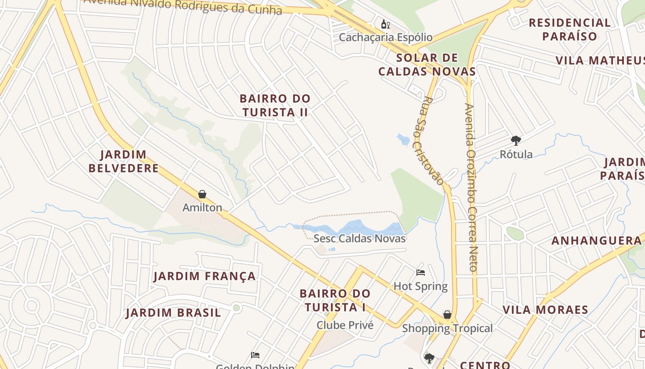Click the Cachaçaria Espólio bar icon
tap(385, 24)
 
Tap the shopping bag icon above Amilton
tap(202, 194)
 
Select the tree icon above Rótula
tap(516, 140)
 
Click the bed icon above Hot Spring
tap(420, 273)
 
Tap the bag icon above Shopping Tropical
tap(447, 315)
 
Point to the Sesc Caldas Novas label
tap(359, 238)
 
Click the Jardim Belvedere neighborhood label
tap(123, 161)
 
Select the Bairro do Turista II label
tap(275, 105)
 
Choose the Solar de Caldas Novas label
tap(427, 65)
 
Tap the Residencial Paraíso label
tap(569, 30)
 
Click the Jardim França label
tap(205, 276)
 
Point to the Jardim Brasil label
tap(173, 313)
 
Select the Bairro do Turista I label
tap(335, 300)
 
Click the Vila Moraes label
tap(545, 309)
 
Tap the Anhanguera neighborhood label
tap(596, 240)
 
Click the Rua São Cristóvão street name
tap(433, 141)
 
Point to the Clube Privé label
tap(345, 325)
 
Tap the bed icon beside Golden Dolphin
tap(255, 355)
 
